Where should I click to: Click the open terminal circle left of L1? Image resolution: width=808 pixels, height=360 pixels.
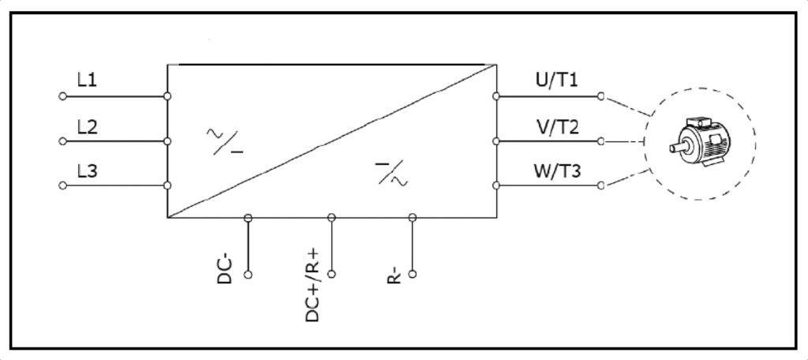(62, 96)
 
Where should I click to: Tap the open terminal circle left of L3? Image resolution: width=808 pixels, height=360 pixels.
(62, 186)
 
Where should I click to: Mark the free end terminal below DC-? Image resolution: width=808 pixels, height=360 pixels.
(249, 275)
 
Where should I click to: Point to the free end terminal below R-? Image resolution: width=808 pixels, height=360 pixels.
(412, 275)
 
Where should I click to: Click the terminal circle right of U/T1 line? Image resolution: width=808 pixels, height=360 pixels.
(601, 96)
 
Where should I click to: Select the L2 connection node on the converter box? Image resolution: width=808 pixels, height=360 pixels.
(167, 141)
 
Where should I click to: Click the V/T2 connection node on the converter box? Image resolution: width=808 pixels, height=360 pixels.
(496, 141)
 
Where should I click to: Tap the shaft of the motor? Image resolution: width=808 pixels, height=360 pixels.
(675, 148)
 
